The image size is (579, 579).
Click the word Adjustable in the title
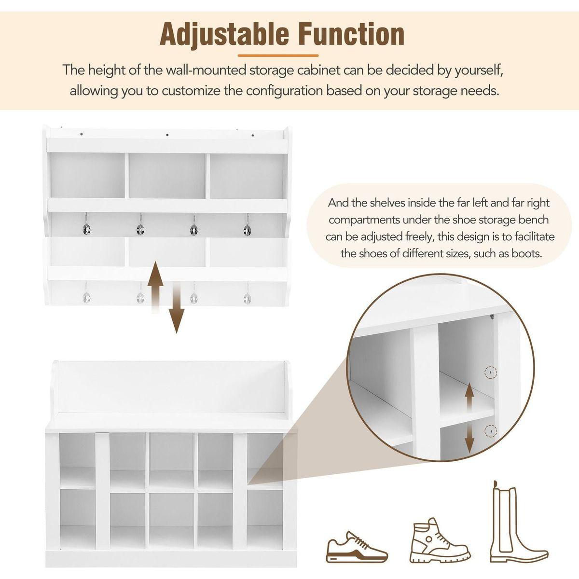pyautogui.click(x=223, y=34)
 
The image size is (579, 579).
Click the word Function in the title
pyautogui.click(x=352, y=34)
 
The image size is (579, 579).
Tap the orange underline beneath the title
pyautogui.click(x=285, y=55)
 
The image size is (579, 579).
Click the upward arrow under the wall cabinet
pyautogui.click(x=155, y=286)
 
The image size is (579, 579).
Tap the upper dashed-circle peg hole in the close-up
pyautogui.click(x=491, y=372)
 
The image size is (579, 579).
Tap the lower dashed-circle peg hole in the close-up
pyautogui.click(x=491, y=429)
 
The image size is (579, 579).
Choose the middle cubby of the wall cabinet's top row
pyautogui.click(x=167, y=176)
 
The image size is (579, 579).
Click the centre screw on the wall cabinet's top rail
pyautogui.click(x=167, y=135)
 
